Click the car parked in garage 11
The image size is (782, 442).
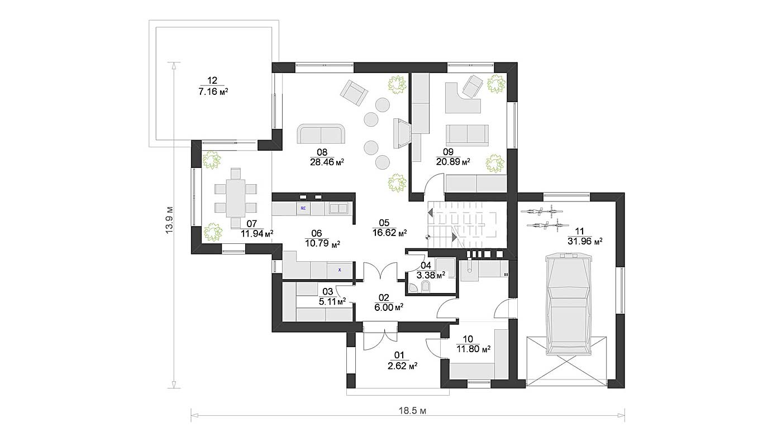tap(569, 304)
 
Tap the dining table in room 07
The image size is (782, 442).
tap(236, 198)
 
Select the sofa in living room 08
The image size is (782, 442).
tap(321, 133)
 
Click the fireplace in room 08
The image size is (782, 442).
tap(402, 133)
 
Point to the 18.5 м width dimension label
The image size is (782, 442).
tap(412, 411)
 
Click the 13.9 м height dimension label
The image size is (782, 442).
tap(169, 220)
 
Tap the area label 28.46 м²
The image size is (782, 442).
tap(327, 162)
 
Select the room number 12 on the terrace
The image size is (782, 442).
tap(212, 80)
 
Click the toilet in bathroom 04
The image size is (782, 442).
tap(426, 287)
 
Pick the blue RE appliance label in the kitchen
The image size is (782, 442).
tap(303, 208)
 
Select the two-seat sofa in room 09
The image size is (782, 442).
tap(467, 135)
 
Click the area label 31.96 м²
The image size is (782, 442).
tap(585, 241)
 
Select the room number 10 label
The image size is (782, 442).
tap(468, 339)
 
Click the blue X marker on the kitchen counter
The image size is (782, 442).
tap(340, 270)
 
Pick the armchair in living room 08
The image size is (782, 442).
tap(354, 93)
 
